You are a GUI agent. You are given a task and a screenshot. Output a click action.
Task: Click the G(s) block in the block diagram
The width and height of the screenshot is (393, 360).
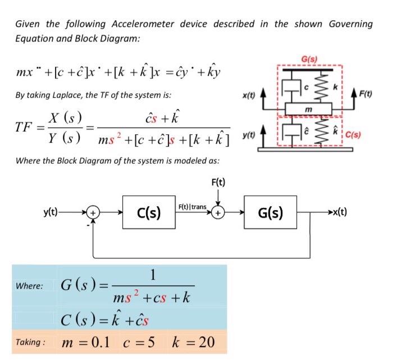tap(270, 213)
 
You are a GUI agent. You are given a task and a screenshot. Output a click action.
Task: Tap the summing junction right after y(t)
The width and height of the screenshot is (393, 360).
tap(94, 213)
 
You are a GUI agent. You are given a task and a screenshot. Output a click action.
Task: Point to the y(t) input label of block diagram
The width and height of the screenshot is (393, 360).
tap(53, 212)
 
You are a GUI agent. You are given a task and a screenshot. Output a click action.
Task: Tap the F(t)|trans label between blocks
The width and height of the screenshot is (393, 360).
tap(191, 207)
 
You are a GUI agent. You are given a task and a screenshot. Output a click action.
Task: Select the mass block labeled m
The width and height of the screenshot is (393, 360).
tap(308, 108)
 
